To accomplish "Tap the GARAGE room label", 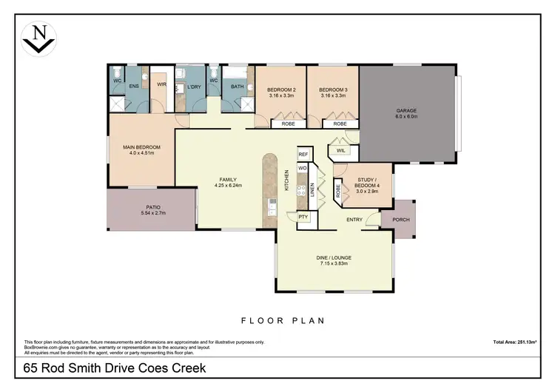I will tap(406, 113).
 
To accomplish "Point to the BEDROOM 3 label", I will tap(333, 92).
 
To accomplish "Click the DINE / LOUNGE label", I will tap(336, 260).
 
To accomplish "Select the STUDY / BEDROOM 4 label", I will tap(369, 183).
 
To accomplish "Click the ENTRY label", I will tap(354, 220).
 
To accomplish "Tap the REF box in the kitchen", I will tap(303, 155).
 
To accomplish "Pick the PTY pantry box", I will tap(303, 217).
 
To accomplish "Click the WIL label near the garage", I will tap(340, 151).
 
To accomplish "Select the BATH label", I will tap(237, 87).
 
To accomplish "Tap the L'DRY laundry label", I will tap(194, 87).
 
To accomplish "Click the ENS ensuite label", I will tap(134, 87).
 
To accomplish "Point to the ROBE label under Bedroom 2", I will tap(288, 124).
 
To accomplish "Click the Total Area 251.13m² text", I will tap(514, 342).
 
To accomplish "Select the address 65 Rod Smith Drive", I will tap(114, 368).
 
